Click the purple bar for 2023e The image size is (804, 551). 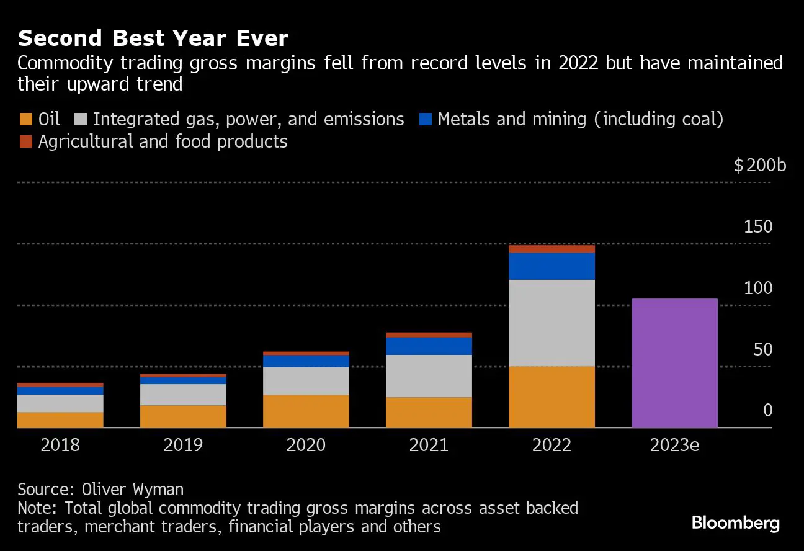674,363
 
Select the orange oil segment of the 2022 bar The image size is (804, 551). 552,396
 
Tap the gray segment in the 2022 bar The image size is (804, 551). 552,323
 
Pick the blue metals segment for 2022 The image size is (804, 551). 552,266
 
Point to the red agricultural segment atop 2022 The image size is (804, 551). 552,249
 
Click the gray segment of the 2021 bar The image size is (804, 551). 429,375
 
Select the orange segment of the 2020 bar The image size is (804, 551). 306,411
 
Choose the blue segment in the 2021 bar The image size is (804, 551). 429,346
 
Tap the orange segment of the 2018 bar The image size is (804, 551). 60,419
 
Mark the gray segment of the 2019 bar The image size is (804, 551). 183,395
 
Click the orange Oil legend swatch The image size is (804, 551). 26,120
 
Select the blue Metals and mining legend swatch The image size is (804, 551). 425,120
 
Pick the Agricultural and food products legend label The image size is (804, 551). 163,142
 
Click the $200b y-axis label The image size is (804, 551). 759,166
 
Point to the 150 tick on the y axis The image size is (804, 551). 758,226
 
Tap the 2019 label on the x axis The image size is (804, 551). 183,446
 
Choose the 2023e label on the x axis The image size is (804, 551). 674,446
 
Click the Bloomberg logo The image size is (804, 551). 735,523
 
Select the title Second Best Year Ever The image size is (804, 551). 153,38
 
